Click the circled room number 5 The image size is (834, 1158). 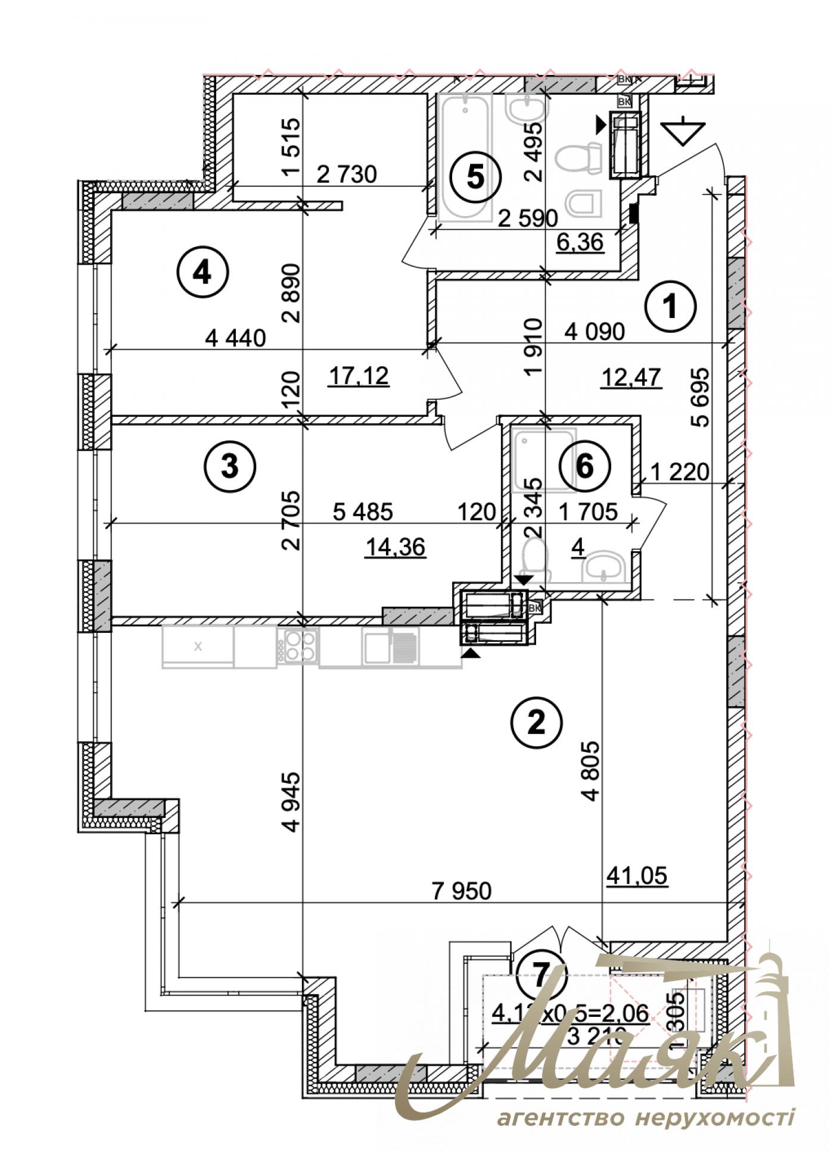pyautogui.click(x=475, y=177)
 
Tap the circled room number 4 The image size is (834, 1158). pyautogui.click(x=203, y=273)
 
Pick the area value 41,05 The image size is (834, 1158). pyautogui.click(x=637, y=875)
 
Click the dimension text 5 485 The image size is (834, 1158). pyautogui.click(x=363, y=511)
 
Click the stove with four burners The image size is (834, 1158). pyautogui.click(x=298, y=646)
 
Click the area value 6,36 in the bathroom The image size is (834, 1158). pyautogui.click(x=580, y=243)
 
